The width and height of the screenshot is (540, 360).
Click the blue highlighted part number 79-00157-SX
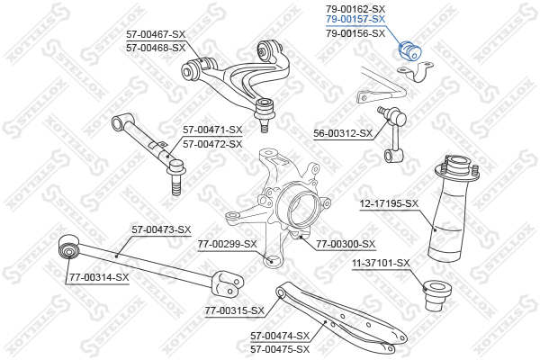tap(355, 20)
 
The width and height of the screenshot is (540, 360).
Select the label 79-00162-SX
tap(355, 9)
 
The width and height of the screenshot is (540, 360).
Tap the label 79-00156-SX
tap(355, 33)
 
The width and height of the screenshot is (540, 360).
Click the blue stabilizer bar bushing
tap(409, 50)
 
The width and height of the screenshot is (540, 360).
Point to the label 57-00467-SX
tap(156, 34)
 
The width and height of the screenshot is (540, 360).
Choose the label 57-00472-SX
tap(212, 144)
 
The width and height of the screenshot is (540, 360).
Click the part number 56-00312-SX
tap(343, 133)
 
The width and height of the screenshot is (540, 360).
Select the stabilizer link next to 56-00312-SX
tap(394, 134)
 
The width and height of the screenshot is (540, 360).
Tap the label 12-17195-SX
tap(389, 203)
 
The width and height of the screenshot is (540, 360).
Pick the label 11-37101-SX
tap(381, 263)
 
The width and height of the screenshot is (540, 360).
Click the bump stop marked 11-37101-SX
tap(436, 295)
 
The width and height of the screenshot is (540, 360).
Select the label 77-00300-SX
tap(346, 244)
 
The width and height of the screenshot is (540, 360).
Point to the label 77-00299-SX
tap(228, 244)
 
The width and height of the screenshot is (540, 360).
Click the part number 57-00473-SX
tap(161, 229)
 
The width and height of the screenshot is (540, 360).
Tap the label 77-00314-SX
tap(99, 277)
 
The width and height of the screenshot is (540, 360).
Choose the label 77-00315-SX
tap(235, 310)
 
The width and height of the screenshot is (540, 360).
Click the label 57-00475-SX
tap(280, 349)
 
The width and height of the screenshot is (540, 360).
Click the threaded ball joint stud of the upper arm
tap(265, 126)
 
